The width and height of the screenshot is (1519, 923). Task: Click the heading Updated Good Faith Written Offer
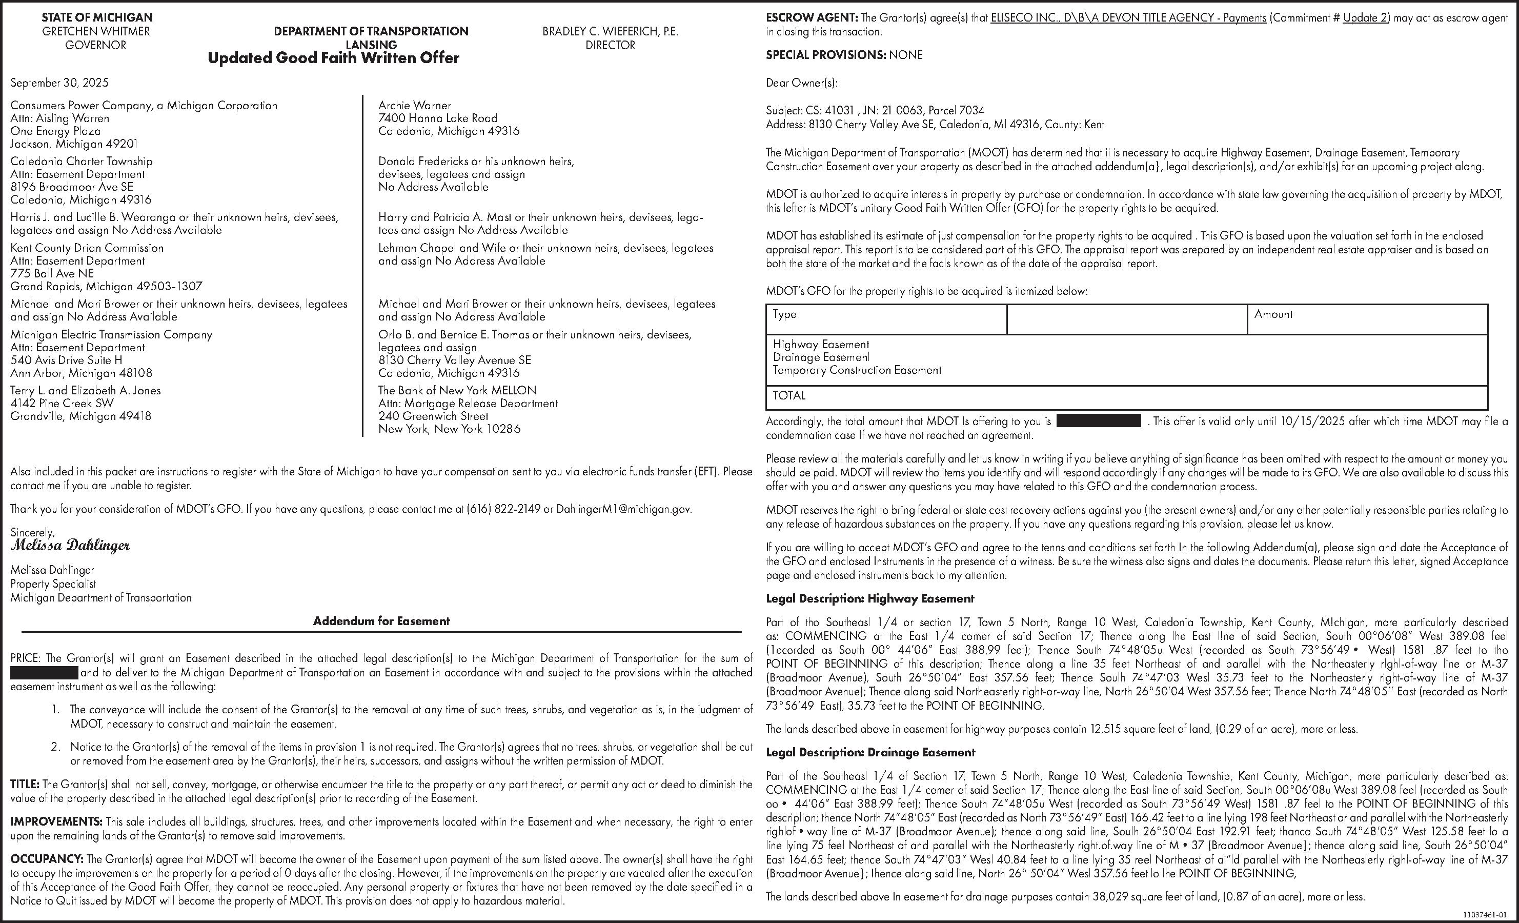coord(333,58)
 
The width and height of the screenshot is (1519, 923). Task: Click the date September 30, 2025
coord(59,83)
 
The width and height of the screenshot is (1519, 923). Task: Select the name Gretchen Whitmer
coord(95,31)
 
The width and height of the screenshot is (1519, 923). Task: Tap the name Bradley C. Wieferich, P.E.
coord(610,31)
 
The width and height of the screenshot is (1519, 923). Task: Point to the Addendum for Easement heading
coord(381,621)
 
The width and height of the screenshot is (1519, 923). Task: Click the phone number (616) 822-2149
coord(503,509)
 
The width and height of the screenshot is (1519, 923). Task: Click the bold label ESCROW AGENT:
coord(812,18)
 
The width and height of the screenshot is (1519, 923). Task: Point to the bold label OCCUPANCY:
coord(47,859)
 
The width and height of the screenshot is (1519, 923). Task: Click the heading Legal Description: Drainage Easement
coord(870,752)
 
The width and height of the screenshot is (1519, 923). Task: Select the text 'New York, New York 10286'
coord(449,429)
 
